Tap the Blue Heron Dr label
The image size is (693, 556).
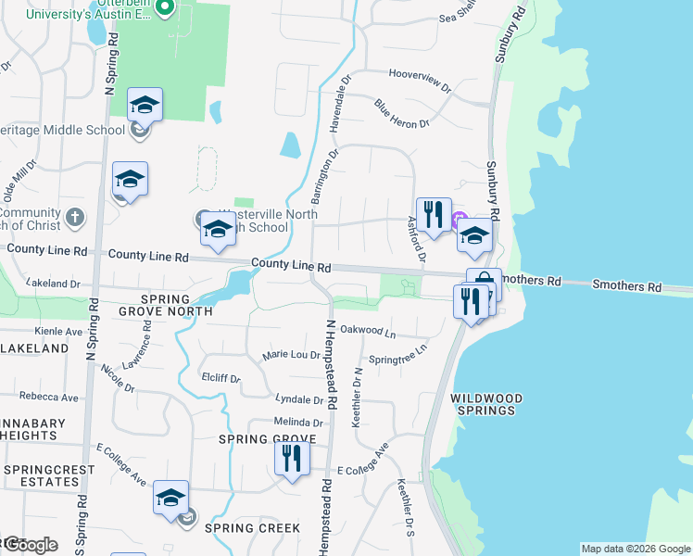point(402,113)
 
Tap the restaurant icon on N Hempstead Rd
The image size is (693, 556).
point(292,459)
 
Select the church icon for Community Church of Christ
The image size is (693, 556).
point(75,219)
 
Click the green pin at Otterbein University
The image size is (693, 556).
point(166,8)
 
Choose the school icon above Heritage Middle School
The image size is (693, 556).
point(145,106)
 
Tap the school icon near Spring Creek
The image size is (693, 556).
point(170,499)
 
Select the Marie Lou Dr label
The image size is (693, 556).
point(291,355)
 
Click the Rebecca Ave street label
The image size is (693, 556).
point(49,396)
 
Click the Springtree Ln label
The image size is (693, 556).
point(398,353)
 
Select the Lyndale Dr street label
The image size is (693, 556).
point(299,399)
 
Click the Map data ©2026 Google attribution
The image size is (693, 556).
point(636,549)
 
